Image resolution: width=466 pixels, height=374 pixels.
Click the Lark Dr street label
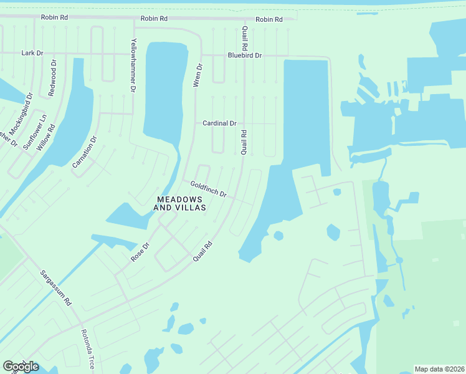click(32, 54)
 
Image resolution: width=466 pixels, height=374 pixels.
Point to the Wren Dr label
click(199, 75)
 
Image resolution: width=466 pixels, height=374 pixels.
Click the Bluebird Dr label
click(245, 55)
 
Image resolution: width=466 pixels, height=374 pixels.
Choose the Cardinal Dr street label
click(219, 123)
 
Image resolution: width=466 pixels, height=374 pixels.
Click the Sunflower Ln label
click(35, 131)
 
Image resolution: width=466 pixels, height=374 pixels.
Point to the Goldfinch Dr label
click(208, 188)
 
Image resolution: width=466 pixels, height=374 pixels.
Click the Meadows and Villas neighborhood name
click(179, 203)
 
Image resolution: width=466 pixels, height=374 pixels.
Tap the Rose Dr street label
click(140, 251)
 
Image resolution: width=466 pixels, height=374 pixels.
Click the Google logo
click(21, 367)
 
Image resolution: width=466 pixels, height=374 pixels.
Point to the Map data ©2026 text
click(440, 369)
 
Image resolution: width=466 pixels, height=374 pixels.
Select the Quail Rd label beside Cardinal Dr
click(244, 142)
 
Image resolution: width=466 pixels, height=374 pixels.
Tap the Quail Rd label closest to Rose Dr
click(202, 251)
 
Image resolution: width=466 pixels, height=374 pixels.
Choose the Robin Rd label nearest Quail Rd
click(269, 19)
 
